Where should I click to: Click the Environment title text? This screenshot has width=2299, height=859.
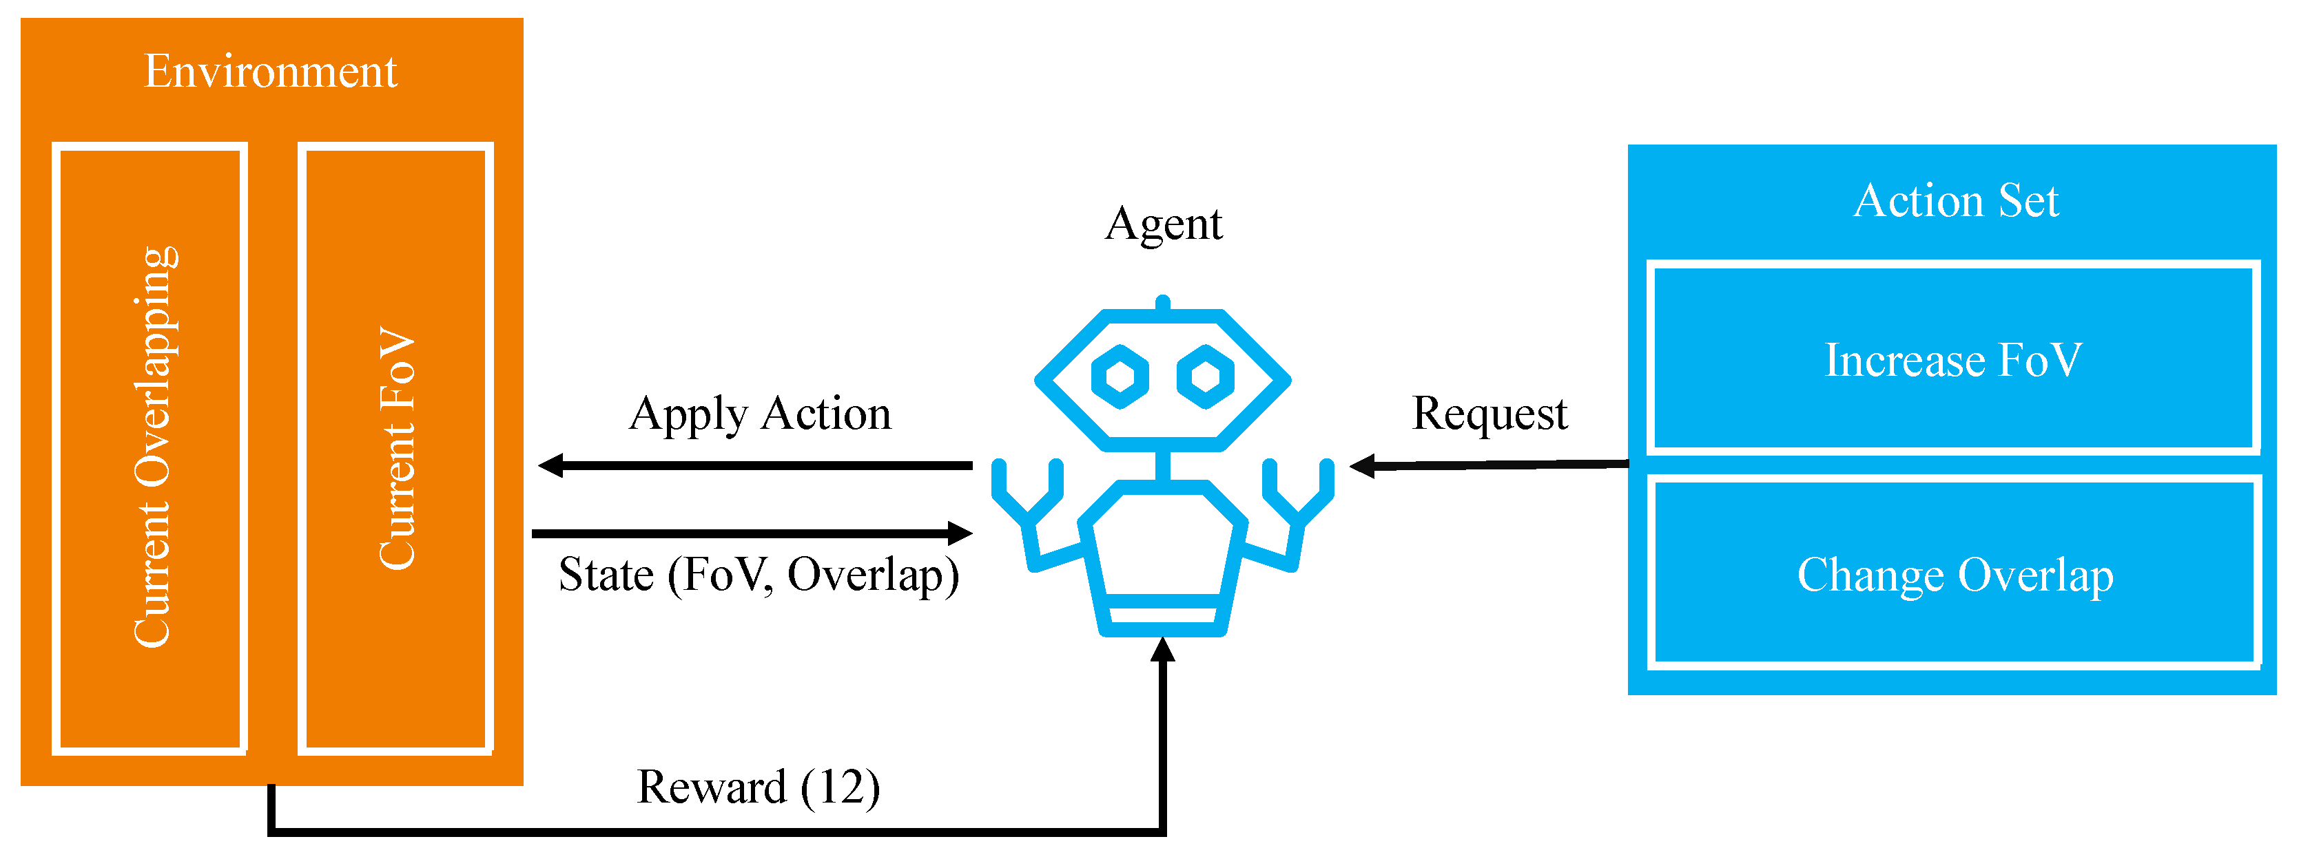pos(271,72)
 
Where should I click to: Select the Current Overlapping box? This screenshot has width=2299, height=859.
pos(150,448)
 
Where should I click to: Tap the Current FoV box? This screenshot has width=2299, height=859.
pos(395,448)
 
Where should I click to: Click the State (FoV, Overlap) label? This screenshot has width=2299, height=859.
pos(759,575)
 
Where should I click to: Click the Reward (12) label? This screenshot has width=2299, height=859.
pos(759,787)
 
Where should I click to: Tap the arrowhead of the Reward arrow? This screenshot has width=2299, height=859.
pos(1162,649)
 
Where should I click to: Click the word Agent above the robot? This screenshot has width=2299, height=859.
pos(1163,224)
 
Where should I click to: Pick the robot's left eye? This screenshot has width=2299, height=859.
pos(1120,377)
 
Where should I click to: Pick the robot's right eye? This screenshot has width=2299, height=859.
pos(1205,377)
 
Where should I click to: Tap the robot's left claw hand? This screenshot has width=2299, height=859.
pos(1027,491)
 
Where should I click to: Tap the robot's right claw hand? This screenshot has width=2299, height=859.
pos(1299,491)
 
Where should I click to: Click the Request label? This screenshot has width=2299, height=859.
pos(1489,414)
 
